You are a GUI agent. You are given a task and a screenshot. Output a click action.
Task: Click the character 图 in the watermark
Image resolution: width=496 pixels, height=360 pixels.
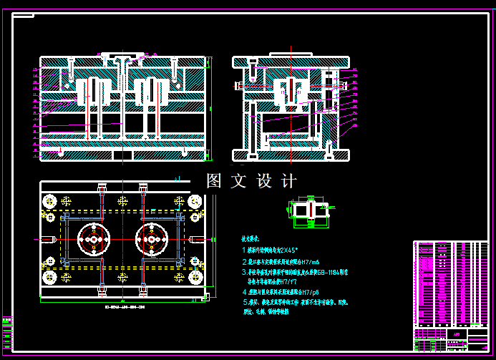click(x=214, y=181)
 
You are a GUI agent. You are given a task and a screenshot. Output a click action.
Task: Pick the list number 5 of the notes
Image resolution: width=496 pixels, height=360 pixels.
click(x=244, y=303)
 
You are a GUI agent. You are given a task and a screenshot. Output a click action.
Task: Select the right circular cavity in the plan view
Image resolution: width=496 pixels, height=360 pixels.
click(x=151, y=239)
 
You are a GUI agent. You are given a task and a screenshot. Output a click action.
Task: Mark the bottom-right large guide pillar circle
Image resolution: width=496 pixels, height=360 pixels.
click(x=193, y=276)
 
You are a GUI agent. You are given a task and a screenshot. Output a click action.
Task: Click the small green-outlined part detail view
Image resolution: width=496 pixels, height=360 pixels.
click(x=308, y=210)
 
